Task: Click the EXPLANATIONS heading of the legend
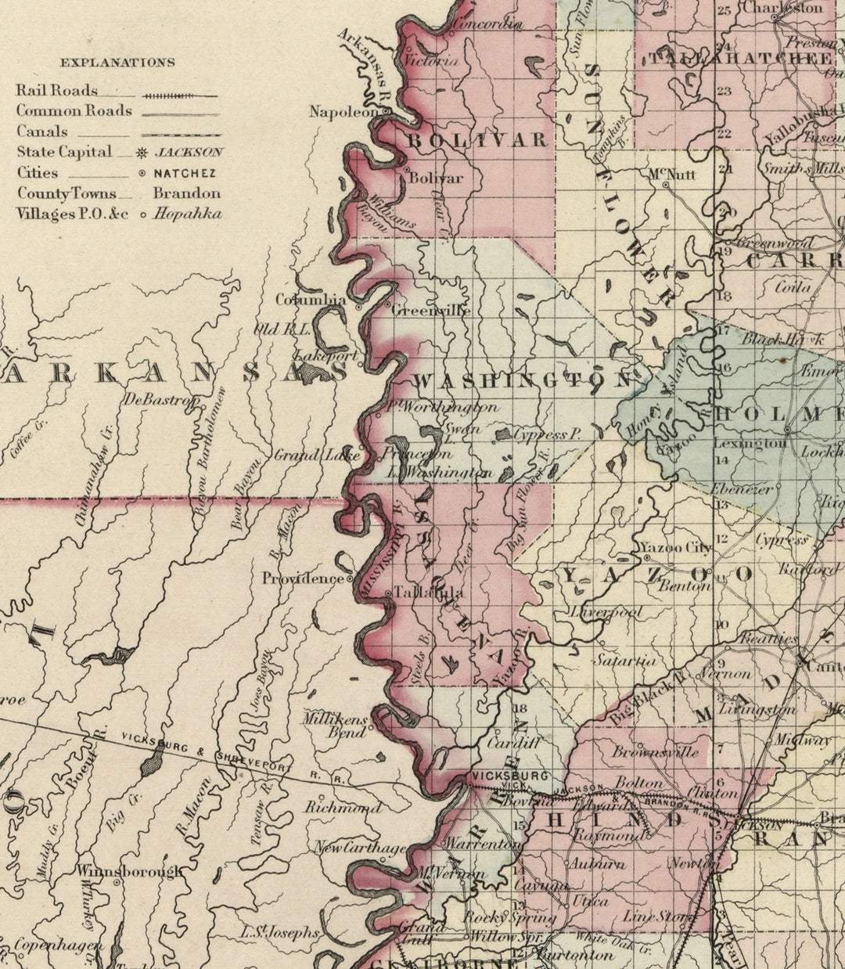point(118,63)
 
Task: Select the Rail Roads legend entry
point(57,91)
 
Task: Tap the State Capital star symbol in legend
point(141,153)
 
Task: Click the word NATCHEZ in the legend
point(185,173)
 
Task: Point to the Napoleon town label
point(343,112)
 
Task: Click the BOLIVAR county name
point(476,140)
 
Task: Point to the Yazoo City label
point(676,547)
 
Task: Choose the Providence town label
point(303,578)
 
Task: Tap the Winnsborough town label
point(128,870)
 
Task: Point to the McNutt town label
point(672,174)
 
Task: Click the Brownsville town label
point(656,752)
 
